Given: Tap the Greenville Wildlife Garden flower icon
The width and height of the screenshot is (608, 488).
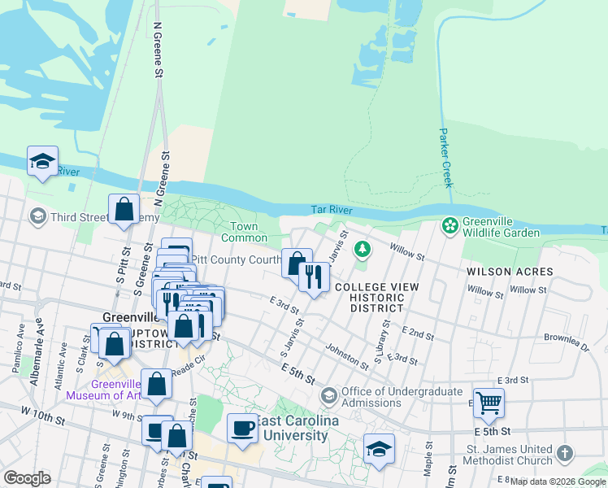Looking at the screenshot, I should pos(449,224).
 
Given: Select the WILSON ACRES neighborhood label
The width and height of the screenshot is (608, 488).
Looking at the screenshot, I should pos(509,272).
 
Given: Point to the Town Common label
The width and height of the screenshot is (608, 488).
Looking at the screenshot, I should pos(245,232).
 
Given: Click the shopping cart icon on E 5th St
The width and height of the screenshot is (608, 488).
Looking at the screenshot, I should pos(489,402).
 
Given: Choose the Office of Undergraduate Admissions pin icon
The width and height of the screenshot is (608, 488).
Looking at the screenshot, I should pos(329,395).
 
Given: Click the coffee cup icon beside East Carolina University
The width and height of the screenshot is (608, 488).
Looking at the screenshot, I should pos(241,427).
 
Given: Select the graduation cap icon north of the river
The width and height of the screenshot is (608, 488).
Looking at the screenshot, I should pos(42,160).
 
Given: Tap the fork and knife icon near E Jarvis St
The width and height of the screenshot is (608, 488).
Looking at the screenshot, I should pos(313,277).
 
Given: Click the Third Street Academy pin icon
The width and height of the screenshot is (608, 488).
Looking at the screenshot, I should pos(37,216).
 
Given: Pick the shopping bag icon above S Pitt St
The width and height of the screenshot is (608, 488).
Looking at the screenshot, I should pos(124,209).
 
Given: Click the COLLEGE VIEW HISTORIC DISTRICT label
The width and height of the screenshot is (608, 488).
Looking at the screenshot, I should pos(376,298).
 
